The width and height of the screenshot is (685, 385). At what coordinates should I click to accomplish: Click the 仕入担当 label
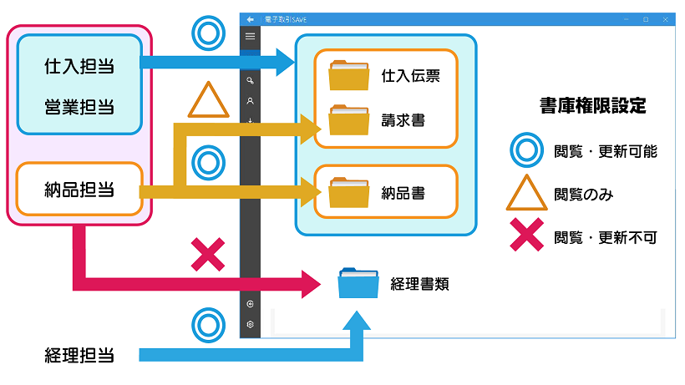click(79, 63)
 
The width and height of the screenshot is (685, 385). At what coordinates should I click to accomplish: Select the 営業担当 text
click(79, 107)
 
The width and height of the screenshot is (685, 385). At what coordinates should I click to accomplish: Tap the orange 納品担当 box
click(79, 190)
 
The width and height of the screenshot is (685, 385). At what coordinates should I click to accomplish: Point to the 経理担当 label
click(79, 355)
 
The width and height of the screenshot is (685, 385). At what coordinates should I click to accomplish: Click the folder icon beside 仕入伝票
click(348, 76)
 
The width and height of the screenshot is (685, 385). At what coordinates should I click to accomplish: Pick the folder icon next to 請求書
click(348, 120)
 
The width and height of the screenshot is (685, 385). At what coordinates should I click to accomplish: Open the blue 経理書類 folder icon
click(358, 283)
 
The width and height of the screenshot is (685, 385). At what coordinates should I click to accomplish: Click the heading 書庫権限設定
click(592, 106)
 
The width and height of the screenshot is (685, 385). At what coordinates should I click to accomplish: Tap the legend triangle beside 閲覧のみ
click(526, 194)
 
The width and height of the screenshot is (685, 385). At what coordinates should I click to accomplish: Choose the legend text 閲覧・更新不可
click(605, 238)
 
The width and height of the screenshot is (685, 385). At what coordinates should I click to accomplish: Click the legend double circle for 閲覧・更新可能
click(526, 151)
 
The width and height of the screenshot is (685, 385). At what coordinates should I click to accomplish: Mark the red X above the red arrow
click(207, 255)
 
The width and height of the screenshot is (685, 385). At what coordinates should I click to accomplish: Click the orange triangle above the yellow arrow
click(208, 101)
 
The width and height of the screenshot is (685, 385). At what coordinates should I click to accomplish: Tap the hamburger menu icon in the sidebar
click(250, 37)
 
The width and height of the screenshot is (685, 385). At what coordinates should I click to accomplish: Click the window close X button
click(665, 19)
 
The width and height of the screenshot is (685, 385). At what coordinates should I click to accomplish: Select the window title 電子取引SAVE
click(286, 19)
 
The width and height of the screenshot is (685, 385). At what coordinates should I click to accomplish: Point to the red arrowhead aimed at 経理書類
click(310, 284)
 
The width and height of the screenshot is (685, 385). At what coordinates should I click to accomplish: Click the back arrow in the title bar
click(250, 19)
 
